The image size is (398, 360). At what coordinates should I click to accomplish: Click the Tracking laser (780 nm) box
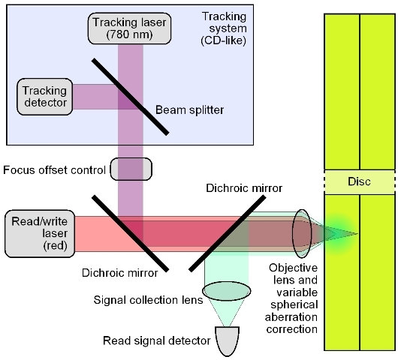tap(129, 28)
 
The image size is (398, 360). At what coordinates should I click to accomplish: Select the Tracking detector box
tap(45, 97)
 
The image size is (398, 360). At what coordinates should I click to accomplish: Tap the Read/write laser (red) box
tap(40, 234)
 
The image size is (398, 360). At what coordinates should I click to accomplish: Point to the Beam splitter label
tap(189, 110)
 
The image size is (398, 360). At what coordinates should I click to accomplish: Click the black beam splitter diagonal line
tap(130, 97)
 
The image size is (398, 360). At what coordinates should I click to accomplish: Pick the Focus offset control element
tap(131, 169)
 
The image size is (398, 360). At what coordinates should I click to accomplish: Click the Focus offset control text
tap(54, 170)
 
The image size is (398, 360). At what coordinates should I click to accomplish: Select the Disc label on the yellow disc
tap(359, 181)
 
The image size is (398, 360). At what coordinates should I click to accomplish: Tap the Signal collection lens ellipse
tap(227, 291)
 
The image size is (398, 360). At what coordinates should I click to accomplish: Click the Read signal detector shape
tap(228, 340)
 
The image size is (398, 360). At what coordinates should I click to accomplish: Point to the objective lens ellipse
tap(302, 233)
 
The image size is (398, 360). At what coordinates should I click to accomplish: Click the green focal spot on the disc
tap(339, 234)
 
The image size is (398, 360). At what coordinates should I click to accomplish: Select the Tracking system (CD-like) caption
tap(224, 28)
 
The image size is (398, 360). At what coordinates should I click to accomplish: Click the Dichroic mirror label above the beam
tap(244, 188)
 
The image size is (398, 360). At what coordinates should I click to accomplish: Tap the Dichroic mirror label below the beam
tap(120, 273)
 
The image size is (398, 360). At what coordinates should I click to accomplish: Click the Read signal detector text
tap(157, 340)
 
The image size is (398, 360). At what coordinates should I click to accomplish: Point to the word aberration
tap(291, 317)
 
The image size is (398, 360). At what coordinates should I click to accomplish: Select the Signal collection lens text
tap(148, 300)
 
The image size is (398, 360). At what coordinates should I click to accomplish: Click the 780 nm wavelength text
tap(129, 34)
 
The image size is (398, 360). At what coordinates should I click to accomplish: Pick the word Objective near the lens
tap(293, 268)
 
